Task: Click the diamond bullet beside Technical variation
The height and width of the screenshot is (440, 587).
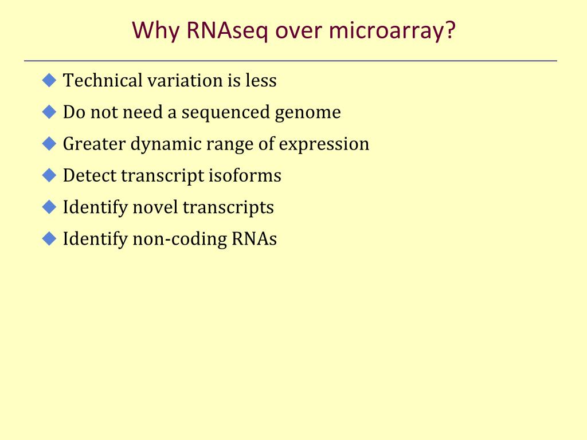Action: [49, 80]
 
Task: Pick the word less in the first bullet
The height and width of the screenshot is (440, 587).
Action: [261, 80]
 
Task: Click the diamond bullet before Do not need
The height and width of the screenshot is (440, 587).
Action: [49, 112]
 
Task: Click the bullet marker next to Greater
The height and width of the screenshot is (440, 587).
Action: [49, 143]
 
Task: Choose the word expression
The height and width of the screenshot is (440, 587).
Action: [324, 144]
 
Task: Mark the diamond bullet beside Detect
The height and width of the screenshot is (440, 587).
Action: [49, 175]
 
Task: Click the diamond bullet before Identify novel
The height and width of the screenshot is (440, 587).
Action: [49, 207]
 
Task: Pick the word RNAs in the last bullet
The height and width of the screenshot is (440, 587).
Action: [255, 239]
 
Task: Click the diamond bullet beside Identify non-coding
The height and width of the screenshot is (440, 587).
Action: [49, 238]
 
